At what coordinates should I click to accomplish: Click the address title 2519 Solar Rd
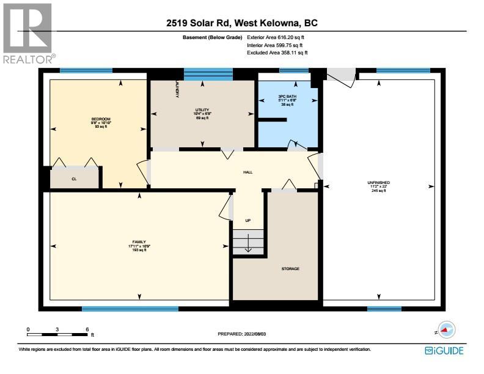pyautogui.click(x=242, y=24)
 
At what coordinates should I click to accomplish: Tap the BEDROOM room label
pyautogui.click(x=101, y=119)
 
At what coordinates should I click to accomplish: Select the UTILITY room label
pyautogui.click(x=202, y=109)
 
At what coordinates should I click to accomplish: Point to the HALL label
pyautogui.click(x=248, y=172)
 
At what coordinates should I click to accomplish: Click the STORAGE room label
pyautogui.click(x=290, y=269)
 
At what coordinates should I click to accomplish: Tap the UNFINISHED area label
pyautogui.click(x=378, y=183)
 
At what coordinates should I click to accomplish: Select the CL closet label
pyautogui.click(x=73, y=179)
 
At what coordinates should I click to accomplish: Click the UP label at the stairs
pyautogui.click(x=248, y=220)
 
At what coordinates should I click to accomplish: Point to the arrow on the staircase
pyautogui.click(x=248, y=246)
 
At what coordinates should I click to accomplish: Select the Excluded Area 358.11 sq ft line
pyautogui.click(x=277, y=53)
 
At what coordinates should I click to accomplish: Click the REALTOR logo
pyautogui.click(x=28, y=34)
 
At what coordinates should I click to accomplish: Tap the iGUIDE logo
pyautogui.click(x=444, y=351)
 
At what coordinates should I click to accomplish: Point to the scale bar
pyautogui.click(x=57, y=334)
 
